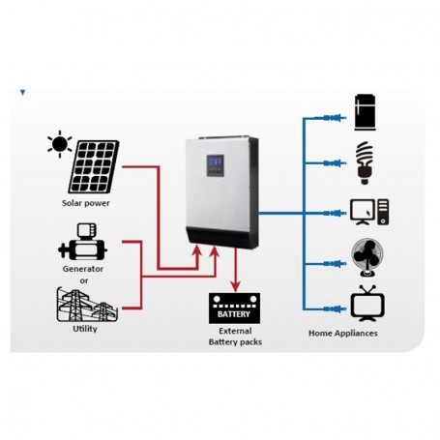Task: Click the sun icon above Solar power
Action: (x=61, y=145)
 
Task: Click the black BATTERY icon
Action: (x=233, y=310)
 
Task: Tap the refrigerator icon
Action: (x=367, y=110)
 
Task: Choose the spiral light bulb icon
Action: (x=366, y=161)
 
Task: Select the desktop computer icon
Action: (x=368, y=210)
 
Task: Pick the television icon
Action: (x=367, y=302)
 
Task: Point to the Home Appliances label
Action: (x=342, y=333)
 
